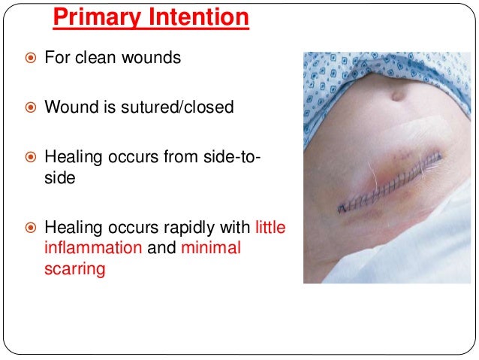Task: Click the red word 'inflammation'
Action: coord(93,247)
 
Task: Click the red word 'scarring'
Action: coord(74,268)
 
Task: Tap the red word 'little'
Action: coord(270,226)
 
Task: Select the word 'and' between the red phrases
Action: coord(159,247)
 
